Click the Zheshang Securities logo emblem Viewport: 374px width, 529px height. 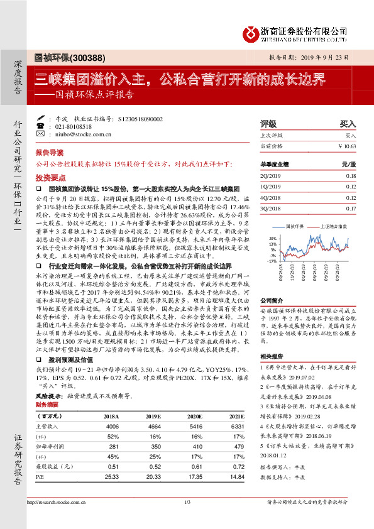click(252, 31)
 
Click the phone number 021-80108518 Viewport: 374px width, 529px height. click(77, 126)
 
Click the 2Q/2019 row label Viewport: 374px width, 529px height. click(271, 175)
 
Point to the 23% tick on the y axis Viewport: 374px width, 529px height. click(272, 239)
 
